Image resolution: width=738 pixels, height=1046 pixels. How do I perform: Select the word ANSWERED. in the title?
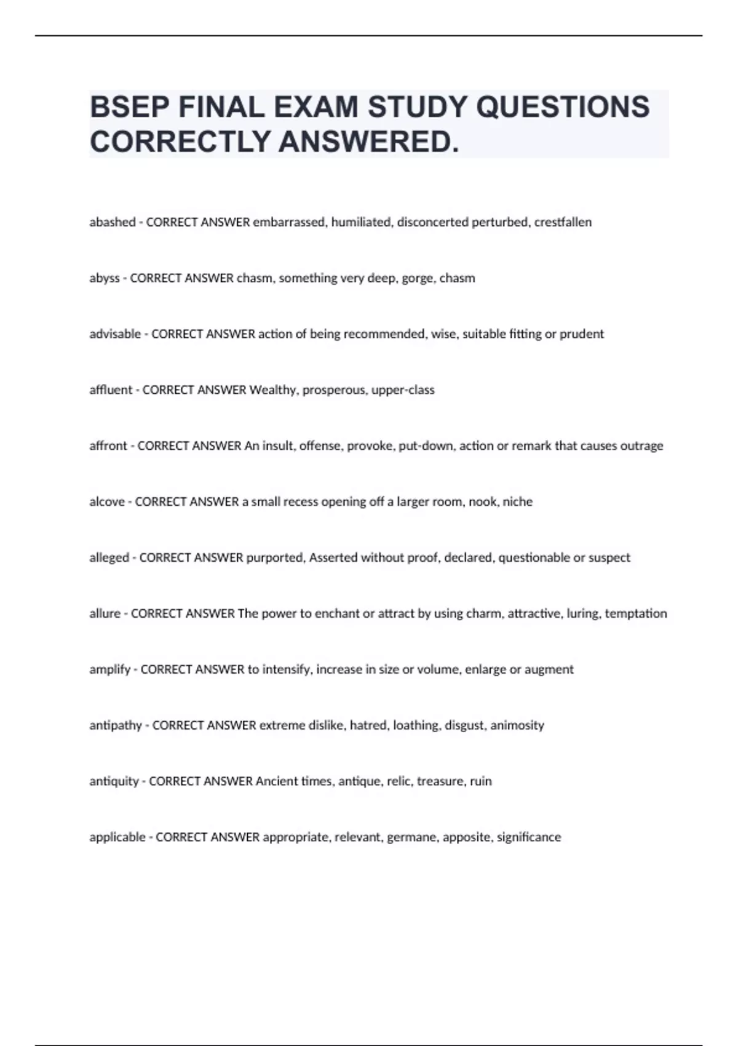pyautogui.click(x=368, y=142)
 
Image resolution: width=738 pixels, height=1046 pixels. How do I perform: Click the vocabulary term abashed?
pyautogui.click(x=112, y=222)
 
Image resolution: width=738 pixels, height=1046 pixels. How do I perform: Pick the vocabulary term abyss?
pyautogui.click(x=105, y=278)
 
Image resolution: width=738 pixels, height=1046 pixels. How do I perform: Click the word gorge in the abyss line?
pyautogui.click(x=418, y=278)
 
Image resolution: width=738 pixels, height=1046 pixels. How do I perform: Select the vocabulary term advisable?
pyautogui.click(x=115, y=334)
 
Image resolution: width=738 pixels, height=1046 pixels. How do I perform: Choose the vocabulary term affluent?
pyautogui.click(x=111, y=390)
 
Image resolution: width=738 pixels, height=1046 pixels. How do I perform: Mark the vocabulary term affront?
pyautogui.click(x=108, y=446)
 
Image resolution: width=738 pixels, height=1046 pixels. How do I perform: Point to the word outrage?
pyautogui.click(x=641, y=446)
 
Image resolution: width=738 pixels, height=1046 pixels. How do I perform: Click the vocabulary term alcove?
pyautogui.click(x=107, y=502)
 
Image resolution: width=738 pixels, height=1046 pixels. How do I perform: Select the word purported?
pyautogui.click(x=275, y=558)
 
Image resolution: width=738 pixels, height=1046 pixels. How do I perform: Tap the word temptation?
pyautogui.click(x=636, y=613)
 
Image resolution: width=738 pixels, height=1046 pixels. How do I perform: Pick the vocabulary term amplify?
pyautogui.click(x=109, y=669)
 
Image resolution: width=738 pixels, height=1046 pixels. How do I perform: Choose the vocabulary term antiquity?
pyautogui.click(x=114, y=781)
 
